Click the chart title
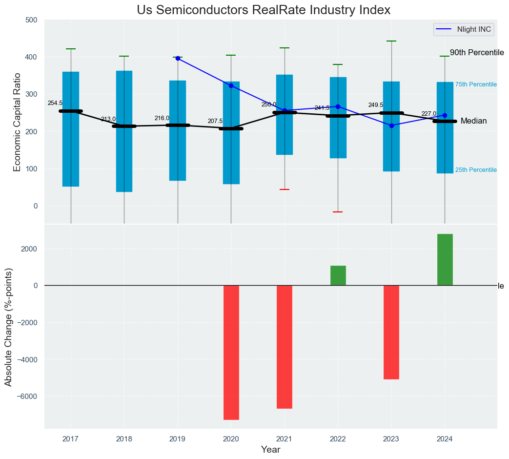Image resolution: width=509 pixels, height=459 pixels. tap(264, 10)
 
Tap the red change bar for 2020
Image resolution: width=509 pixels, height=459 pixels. tap(231, 352)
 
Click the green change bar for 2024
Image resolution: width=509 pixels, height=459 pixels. tap(445, 260)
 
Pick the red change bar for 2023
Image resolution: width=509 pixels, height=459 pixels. tap(391, 332)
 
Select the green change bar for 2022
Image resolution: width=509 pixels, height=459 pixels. tap(338, 275)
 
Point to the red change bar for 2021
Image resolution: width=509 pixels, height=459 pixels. tap(285, 347)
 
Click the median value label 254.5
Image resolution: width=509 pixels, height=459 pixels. tap(55, 104)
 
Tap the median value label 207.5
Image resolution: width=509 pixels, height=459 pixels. tap(215, 121)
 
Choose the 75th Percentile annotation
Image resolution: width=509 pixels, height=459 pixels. tap(475, 84)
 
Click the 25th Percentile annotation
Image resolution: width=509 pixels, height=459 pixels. tap(475, 170)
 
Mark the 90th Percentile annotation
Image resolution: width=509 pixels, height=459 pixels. tap(476, 53)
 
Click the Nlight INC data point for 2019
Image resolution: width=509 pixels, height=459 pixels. tap(178, 58)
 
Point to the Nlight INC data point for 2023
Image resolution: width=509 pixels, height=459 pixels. tap(391, 125)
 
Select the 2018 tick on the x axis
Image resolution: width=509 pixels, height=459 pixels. tap(124, 439)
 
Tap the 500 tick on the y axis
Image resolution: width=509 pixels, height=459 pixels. tap(32, 20)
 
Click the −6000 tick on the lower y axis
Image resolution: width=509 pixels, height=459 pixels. tap(30, 396)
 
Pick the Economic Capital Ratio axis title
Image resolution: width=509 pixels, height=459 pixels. tap(18, 122)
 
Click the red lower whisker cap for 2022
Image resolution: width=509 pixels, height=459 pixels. tap(338, 212)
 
